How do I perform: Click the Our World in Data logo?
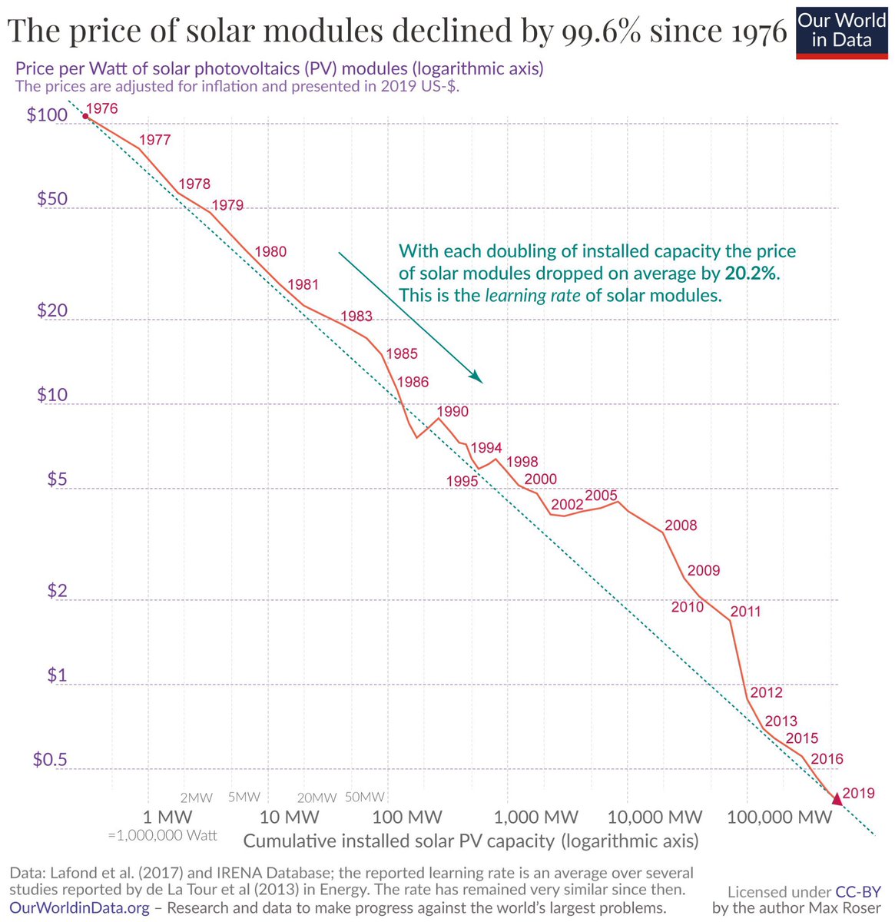(x=841, y=31)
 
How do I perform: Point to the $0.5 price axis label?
(x=51, y=760)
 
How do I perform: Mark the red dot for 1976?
(x=85, y=116)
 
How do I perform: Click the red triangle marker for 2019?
(x=837, y=801)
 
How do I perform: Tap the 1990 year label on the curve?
(x=452, y=411)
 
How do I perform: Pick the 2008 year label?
(x=681, y=526)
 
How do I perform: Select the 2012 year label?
(x=766, y=692)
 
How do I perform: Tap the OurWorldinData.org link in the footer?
(x=79, y=907)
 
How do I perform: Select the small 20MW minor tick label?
(x=317, y=798)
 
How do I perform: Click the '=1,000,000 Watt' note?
(x=162, y=835)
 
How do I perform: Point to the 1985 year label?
(x=402, y=354)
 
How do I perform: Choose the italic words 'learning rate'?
(x=532, y=296)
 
